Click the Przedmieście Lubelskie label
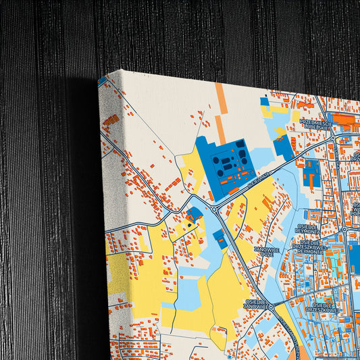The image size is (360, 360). pyautogui.click(x=315, y=124)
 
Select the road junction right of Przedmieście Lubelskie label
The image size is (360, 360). pyautogui.click(x=336, y=136)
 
